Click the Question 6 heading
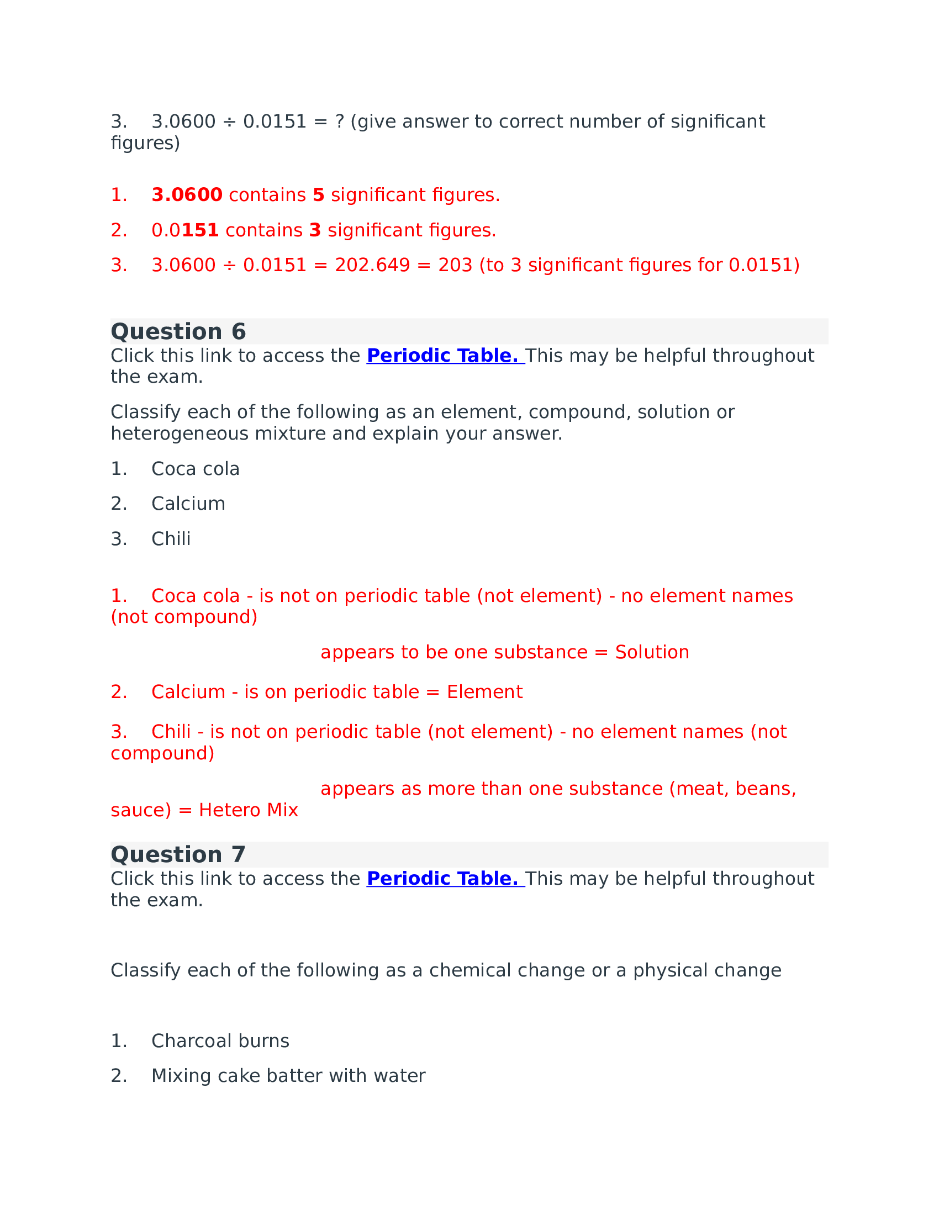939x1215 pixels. (178, 331)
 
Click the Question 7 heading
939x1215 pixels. (178, 854)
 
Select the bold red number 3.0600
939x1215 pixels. (187, 196)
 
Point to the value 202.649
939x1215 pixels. (372, 265)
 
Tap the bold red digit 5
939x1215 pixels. (318, 196)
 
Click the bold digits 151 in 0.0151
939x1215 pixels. (201, 230)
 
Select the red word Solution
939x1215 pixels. (652, 652)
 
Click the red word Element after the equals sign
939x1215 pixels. (484, 692)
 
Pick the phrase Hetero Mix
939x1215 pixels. (248, 810)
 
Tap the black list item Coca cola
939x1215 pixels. (195, 469)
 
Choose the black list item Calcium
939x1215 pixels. (188, 504)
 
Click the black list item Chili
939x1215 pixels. (171, 539)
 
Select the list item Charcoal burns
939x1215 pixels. (220, 1041)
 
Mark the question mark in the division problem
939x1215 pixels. (340, 121)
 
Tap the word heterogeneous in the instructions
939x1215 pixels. (179, 434)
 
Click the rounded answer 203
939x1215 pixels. (455, 265)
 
